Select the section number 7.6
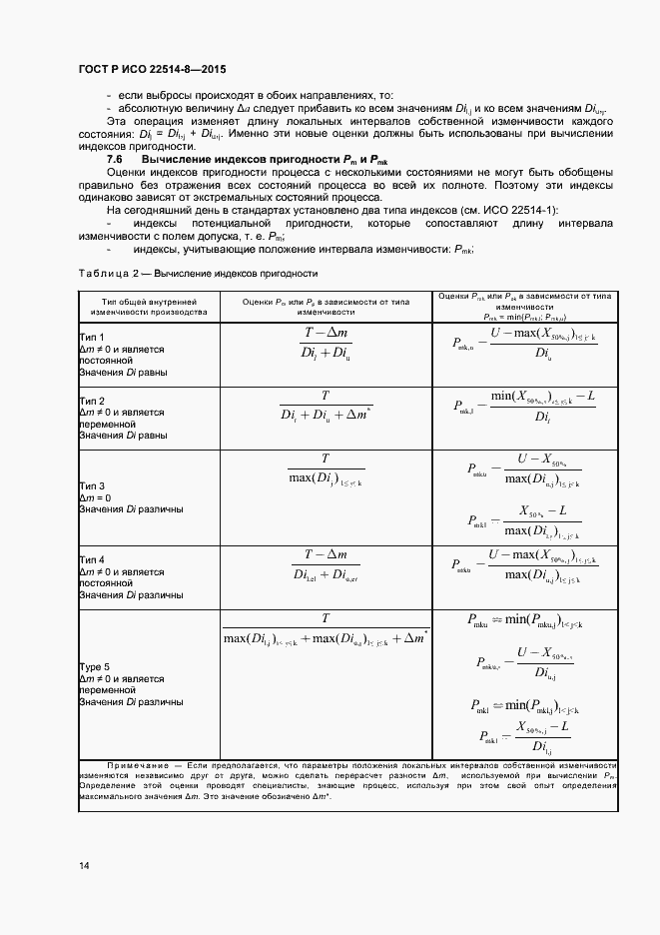point(114,160)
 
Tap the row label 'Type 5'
point(95,666)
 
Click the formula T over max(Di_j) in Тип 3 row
point(326,467)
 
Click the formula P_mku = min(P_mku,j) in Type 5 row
point(516,620)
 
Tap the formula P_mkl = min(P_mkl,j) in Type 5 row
point(515,705)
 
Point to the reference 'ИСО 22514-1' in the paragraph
point(520,209)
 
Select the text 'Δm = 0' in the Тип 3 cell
point(96,497)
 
